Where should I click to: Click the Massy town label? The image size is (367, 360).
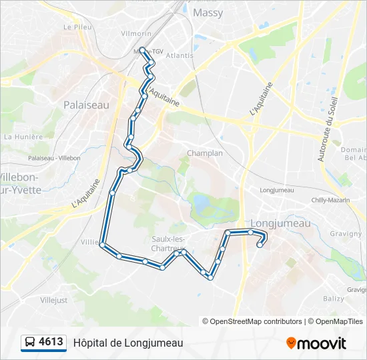tap(208, 13)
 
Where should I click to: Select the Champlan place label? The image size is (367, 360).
tap(205, 153)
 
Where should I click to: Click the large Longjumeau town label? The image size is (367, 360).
tap(280, 223)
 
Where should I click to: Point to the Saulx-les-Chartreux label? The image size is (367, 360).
tap(168, 244)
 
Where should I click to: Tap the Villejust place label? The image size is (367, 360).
tap(54, 301)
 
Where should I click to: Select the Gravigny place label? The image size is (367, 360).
tap(346, 234)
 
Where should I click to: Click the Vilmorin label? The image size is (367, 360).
tap(137, 33)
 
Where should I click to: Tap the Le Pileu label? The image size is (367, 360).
tap(77, 27)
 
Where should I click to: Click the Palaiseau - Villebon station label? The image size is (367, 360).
tap(54, 158)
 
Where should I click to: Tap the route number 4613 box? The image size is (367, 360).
tap(51, 343)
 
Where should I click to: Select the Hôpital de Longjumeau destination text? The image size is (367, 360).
tap(127, 343)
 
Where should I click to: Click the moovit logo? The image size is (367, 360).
tap(316, 343)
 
